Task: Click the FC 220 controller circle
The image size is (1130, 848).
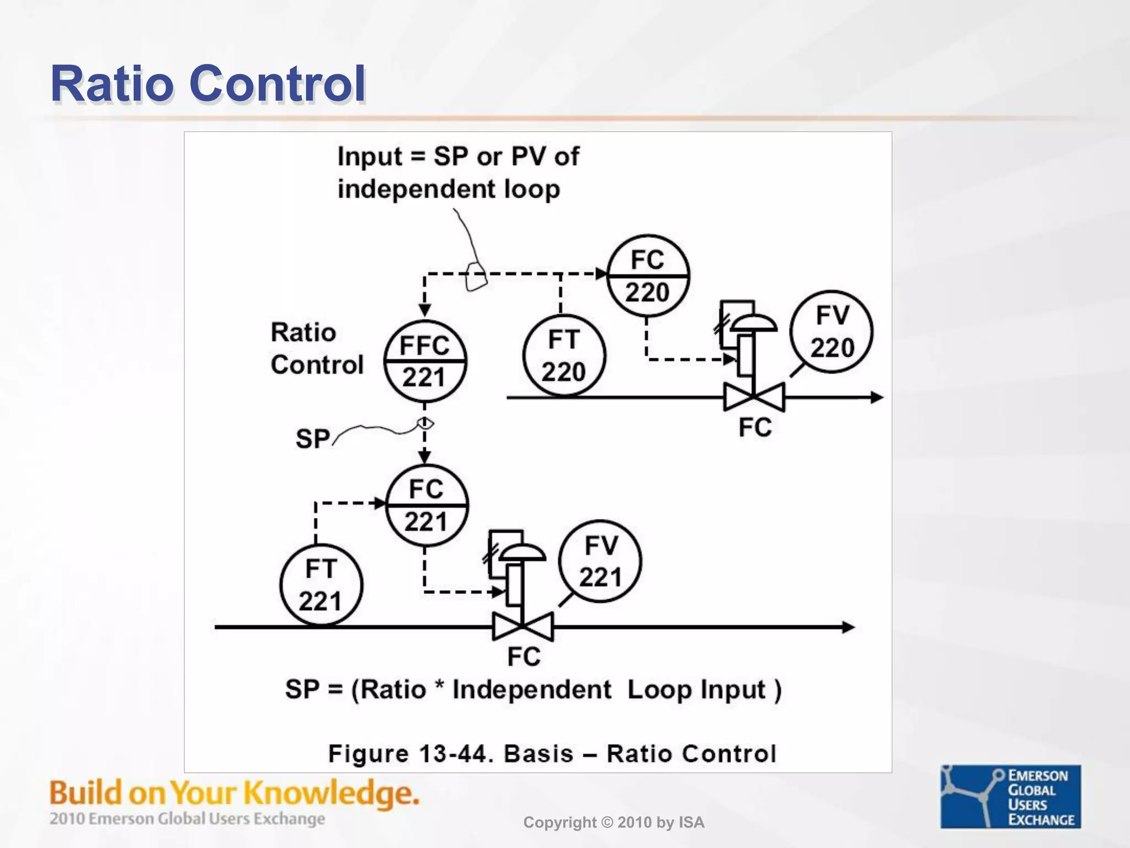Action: coord(648,275)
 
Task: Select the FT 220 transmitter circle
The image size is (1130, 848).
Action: coord(563,356)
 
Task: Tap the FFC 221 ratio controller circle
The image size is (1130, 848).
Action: coord(425,361)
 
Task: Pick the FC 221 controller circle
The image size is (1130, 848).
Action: coord(427,505)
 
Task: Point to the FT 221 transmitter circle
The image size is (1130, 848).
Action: coord(321,585)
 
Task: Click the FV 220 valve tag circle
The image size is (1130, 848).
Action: coord(831,332)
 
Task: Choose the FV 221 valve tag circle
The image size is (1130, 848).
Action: coord(600,561)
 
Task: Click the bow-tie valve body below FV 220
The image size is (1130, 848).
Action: coord(754,397)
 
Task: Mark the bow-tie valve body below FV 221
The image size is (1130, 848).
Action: coord(523,627)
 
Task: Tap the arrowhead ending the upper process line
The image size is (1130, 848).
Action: coord(877,397)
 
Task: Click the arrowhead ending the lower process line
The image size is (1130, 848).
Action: coord(849,627)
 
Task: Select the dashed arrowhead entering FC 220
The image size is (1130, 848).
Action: coord(601,274)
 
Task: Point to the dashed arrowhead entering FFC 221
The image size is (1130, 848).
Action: coord(424,311)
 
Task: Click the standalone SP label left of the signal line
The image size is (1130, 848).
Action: coord(312,439)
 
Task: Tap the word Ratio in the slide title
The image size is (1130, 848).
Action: coord(111,84)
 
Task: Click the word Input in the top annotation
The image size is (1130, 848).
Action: coord(370,157)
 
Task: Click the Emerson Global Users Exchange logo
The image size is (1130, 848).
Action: coord(1010,796)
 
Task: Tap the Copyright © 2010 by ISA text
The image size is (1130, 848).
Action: coord(614,823)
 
